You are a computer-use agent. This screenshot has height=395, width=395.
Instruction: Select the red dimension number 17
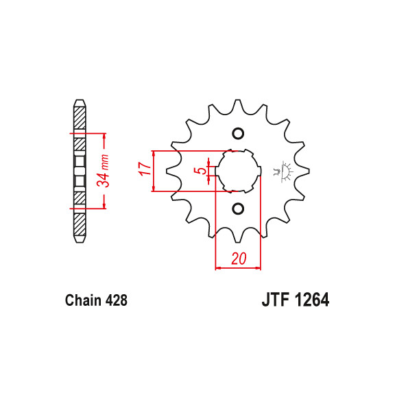click(145, 170)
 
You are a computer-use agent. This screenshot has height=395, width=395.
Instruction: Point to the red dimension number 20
click(239, 259)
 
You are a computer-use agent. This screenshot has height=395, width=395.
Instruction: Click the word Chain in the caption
click(82, 300)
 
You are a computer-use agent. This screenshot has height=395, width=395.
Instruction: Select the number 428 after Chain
click(115, 300)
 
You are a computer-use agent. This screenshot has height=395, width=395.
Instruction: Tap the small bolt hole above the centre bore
click(238, 133)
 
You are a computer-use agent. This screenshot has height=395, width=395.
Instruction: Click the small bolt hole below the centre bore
click(238, 208)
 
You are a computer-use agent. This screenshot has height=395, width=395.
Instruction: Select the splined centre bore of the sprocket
click(238, 170)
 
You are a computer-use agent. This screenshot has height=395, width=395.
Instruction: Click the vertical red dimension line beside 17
click(155, 170)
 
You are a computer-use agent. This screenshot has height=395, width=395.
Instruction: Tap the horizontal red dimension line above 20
click(239, 268)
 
